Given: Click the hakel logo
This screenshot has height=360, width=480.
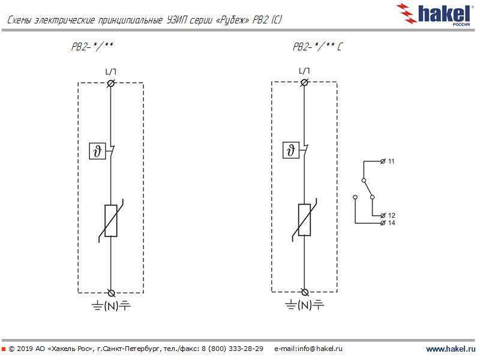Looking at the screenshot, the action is pyautogui.click(x=433, y=14).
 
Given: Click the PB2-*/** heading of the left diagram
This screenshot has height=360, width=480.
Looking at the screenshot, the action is pyautogui.click(x=92, y=47).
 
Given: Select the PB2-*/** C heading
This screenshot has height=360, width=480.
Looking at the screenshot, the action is pyautogui.click(x=318, y=47).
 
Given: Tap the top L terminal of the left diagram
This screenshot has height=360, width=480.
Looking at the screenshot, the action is pyautogui.click(x=111, y=83).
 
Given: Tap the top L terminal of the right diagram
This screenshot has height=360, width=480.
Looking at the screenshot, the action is pyautogui.click(x=304, y=82).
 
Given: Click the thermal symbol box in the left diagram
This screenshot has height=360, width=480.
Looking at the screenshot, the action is pyautogui.click(x=97, y=151).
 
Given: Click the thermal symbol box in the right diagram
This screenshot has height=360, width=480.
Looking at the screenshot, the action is pyautogui.click(x=291, y=150).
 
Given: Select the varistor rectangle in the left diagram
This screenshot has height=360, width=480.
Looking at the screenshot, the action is pyautogui.click(x=111, y=221).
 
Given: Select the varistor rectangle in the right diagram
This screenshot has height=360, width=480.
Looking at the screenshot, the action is pyautogui.click(x=304, y=220).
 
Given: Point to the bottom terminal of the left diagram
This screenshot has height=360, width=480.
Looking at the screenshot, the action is pyautogui.click(x=112, y=293).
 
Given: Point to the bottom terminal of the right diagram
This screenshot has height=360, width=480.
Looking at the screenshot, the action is pyautogui.click(x=305, y=292).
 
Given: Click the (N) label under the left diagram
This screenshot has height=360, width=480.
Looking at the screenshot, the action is pyautogui.click(x=111, y=306).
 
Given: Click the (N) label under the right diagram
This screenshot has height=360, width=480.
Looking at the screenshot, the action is pyautogui.click(x=305, y=305).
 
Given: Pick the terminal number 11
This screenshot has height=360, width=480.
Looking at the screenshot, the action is pyautogui.click(x=391, y=161).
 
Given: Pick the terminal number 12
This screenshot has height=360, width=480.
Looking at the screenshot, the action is pyautogui.click(x=392, y=215).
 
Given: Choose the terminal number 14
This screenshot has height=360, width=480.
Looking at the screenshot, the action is pyautogui.click(x=392, y=223).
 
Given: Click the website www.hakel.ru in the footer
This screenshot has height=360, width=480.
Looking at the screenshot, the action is pyautogui.click(x=451, y=349).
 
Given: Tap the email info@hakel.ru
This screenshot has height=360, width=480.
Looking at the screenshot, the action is pyautogui.click(x=320, y=349).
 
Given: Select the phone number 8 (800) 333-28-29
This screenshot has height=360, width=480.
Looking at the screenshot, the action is pyautogui.click(x=232, y=349).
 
